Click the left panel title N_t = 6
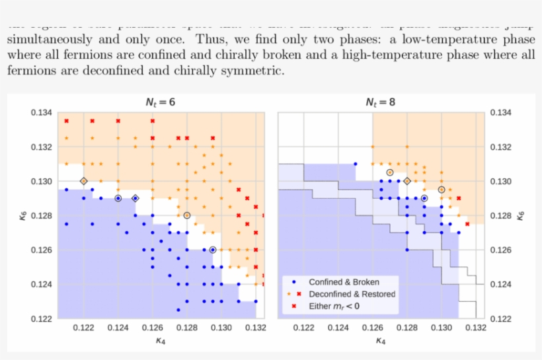161,102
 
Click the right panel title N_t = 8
381,102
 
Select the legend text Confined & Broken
343,281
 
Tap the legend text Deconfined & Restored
352,294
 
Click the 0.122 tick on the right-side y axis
501,319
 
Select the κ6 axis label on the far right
522,215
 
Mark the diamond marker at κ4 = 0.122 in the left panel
84,181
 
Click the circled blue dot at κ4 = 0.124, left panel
118,198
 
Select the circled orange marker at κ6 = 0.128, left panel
187,215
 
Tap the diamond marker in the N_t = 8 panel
407,181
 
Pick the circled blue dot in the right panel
424,198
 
